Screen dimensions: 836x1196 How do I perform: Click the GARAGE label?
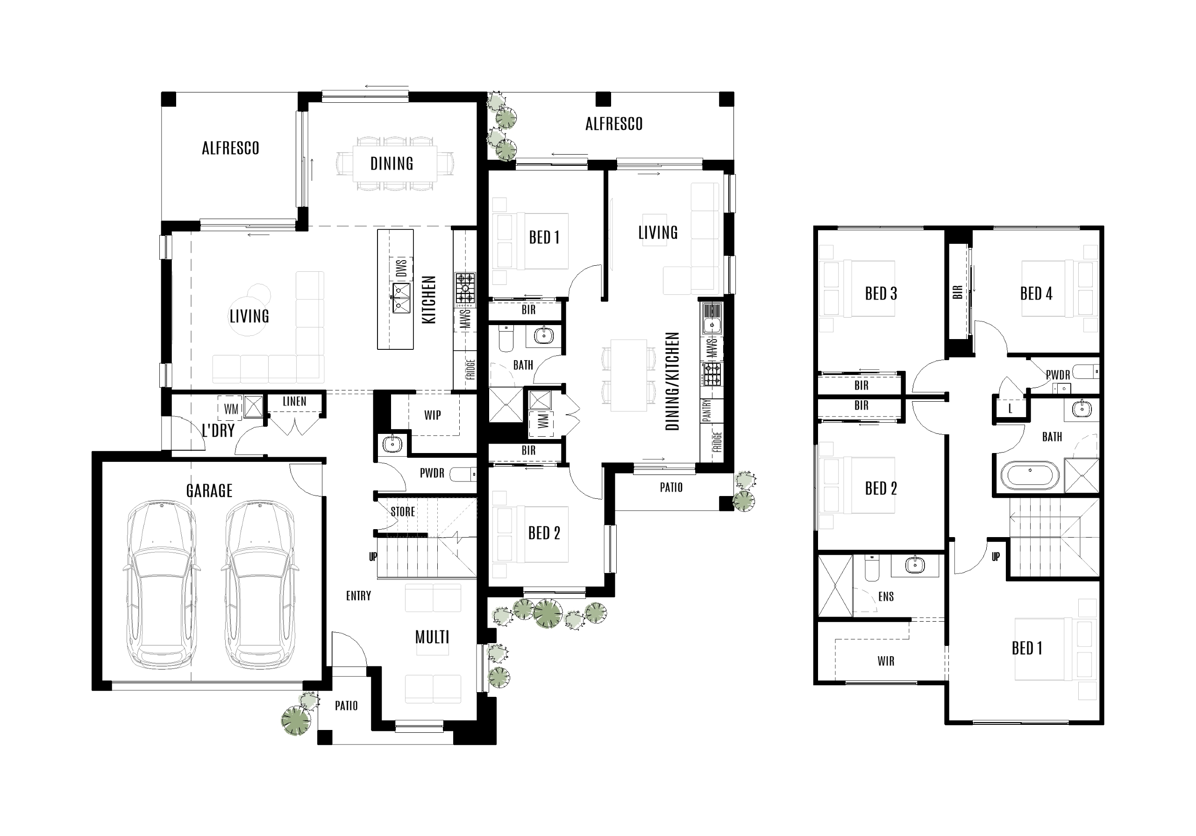click(x=209, y=491)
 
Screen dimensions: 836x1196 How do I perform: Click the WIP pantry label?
click(x=432, y=415)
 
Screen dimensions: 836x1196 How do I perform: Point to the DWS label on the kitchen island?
click(x=401, y=268)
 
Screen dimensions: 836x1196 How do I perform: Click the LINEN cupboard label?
click(x=294, y=402)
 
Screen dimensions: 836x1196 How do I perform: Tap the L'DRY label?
click(x=218, y=431)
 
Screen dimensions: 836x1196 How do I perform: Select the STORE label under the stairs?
click(x=403, y=511)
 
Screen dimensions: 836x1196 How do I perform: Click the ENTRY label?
click(x=358, y=596)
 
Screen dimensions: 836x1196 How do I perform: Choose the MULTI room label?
click(x=432, y=637)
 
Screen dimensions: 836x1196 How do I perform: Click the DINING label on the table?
click(x=392, y=163)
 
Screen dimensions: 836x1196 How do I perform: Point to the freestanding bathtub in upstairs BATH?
click(x=1030, y=475)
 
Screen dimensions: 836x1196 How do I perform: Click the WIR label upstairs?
click(x=885, y=661)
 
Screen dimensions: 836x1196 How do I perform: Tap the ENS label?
click(x=885, y=596)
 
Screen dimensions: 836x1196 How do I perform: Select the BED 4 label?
click(x=1036, y=294)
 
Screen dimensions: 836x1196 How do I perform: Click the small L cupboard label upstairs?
click(x=1010, y=409)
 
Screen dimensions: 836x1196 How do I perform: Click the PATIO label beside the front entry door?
click(x=346, y=706)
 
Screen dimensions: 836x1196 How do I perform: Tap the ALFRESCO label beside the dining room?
click(x=230, y=149)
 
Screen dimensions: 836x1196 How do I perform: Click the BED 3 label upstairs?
click(x=881, y=294)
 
